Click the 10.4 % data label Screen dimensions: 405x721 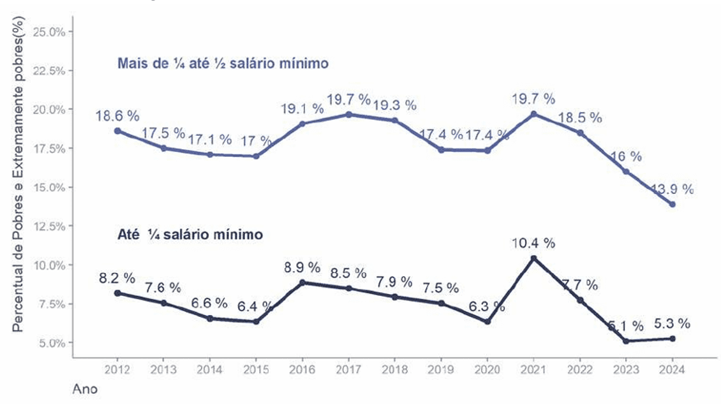533,242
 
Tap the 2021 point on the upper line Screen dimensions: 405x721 533,114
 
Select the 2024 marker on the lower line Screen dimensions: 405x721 672,338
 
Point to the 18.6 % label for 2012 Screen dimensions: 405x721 117,116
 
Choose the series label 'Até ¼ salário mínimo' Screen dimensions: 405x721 190,235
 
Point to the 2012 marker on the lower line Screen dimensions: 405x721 117,293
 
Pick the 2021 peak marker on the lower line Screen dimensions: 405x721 533,258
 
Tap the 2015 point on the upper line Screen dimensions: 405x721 256,156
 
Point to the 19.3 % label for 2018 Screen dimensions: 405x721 395,105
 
